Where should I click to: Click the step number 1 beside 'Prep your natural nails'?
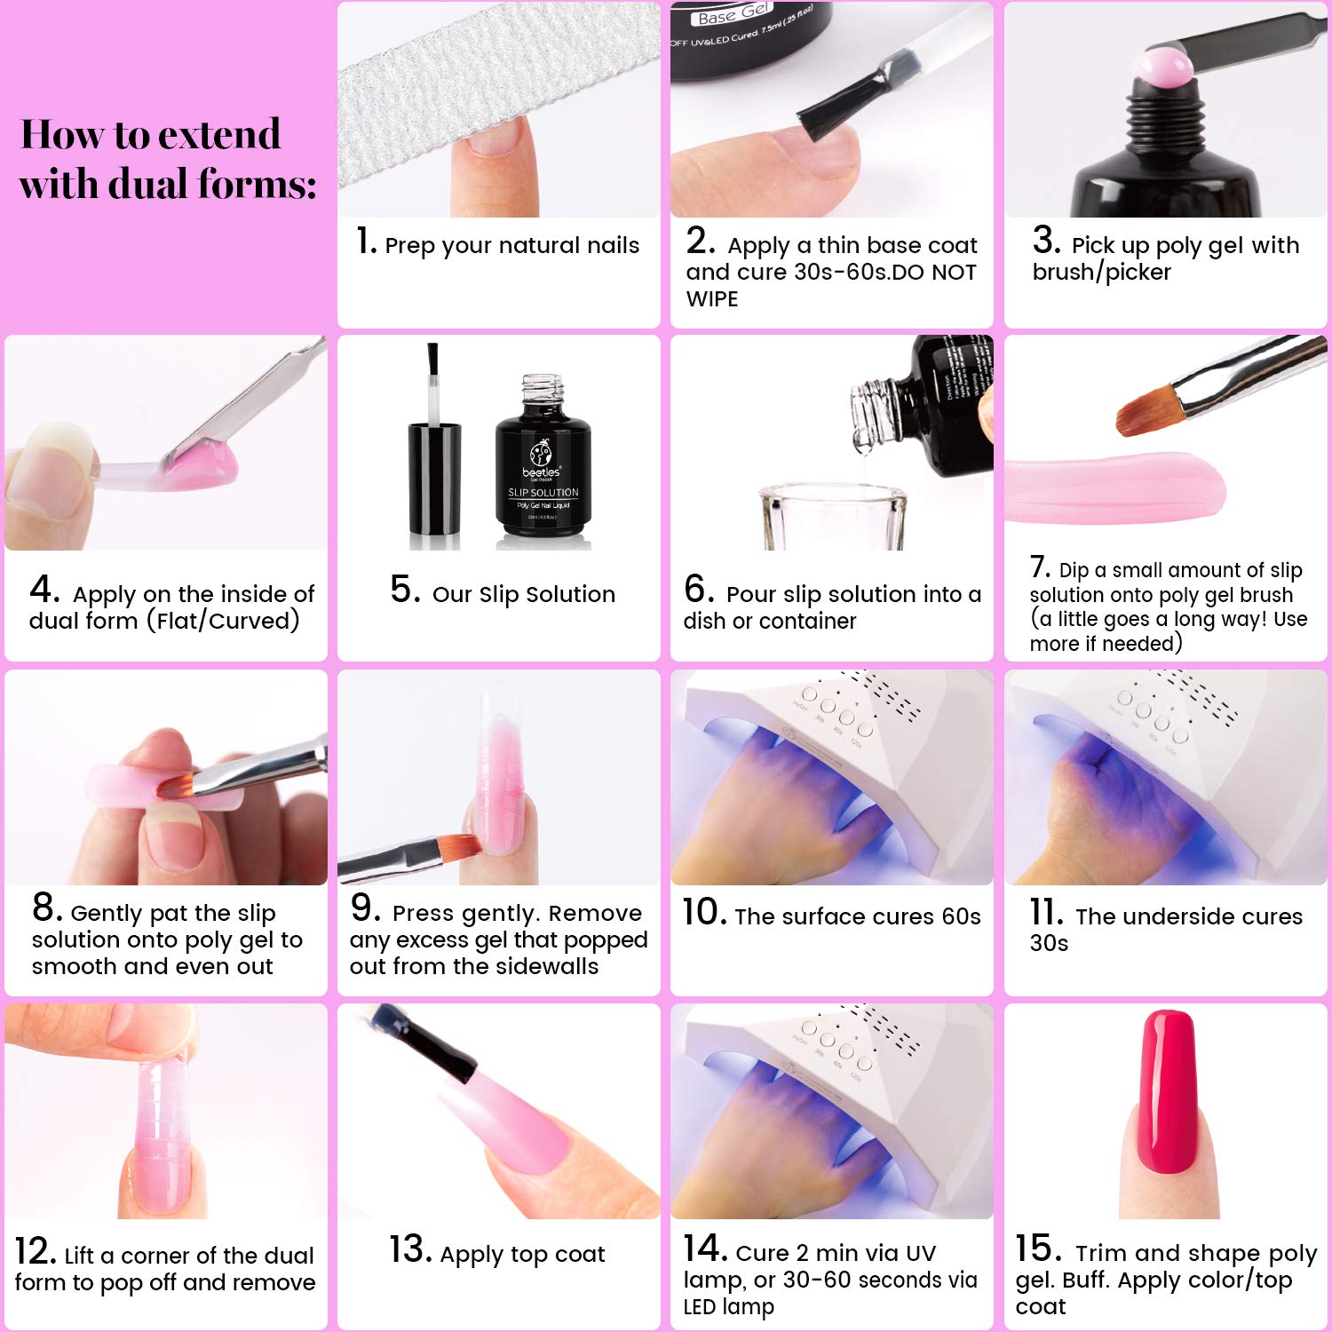[366, 242]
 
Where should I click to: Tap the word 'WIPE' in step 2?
[712, 299]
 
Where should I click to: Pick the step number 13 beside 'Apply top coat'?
[409, 1250]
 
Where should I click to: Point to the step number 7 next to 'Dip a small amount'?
[1039, 567]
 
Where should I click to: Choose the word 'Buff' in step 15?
[1081, 1280]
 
